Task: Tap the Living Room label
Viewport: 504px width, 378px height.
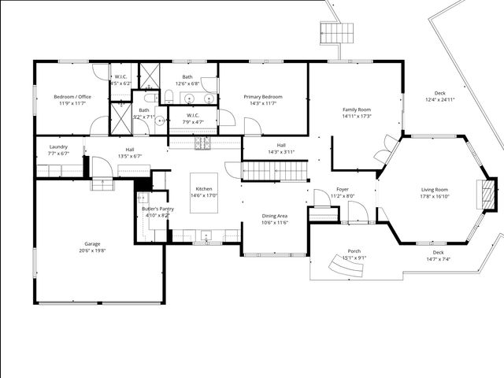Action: pyautogui.click(x=434, y=190)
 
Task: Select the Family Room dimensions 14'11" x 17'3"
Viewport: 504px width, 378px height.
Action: pyautogui.click(x=356, y=117)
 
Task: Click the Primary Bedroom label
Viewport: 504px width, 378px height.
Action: pyautogui.click(x=263, y=97)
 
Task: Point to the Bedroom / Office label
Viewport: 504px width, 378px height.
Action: pyautogui.click(x=72, y=97)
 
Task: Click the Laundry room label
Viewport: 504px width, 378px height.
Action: pyautogui.click(x=58, y=146)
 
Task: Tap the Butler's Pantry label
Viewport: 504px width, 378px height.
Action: pyautogui.click(x=156, y=208)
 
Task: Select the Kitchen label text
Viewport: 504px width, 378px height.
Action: pyautogui.click(x=204, y=190)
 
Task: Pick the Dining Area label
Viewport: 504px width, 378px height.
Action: pyautogui.click(x=274, y=216)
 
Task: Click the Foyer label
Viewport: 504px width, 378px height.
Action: pyautogui.click(x=343, y=190)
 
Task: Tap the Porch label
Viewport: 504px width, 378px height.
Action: pyautogui.click(x=354, y=251)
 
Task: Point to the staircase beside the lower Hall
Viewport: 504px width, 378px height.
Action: pyautogui.click(x=273, y=170)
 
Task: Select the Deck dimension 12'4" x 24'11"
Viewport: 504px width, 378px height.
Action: pyautogui.click(x=440, y=100)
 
